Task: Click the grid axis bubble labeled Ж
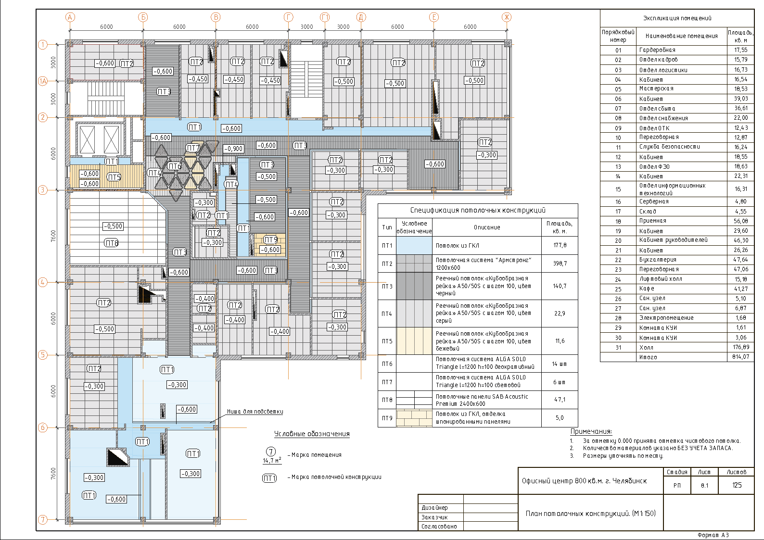point(507,17)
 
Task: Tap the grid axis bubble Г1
point(325,17)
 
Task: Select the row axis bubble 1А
point(43,81)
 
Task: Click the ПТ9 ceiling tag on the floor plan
point(270,240)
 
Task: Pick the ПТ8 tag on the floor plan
point(111,243)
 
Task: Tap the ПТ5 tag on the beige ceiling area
point(114,177)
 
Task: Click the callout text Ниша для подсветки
point(255,412)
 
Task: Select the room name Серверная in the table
point(653,201)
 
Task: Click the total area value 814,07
point(740,357)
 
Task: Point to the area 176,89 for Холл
point(740,347)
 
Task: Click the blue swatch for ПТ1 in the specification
point(414,245)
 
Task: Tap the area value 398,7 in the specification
point(560,264)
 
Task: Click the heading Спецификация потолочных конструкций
point(478,210)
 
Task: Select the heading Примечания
point(591,432)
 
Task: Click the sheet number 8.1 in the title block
point(704,486)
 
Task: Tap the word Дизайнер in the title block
point(434,508)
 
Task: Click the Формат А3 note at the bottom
point(713,535)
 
